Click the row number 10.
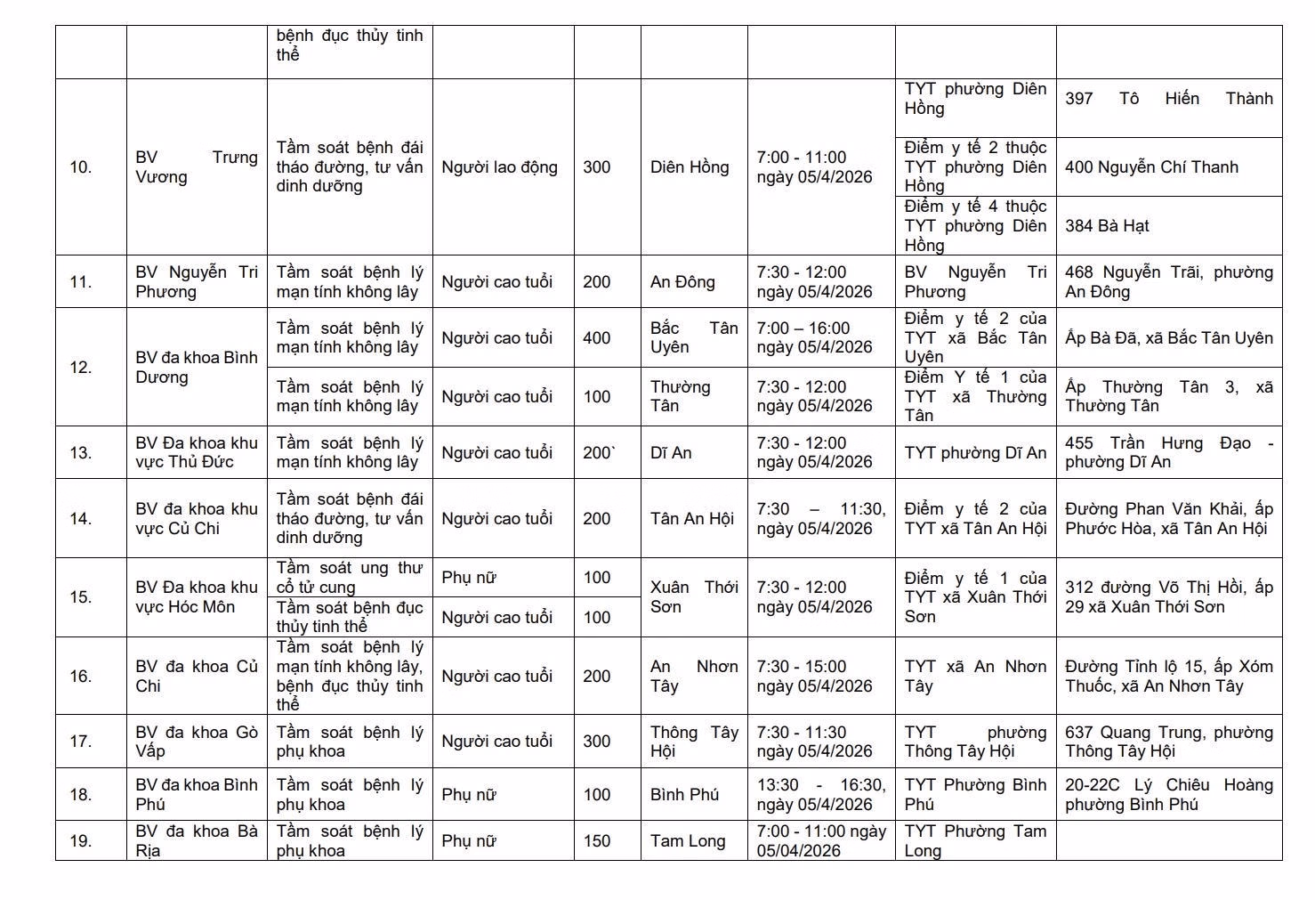[x=81, y=166]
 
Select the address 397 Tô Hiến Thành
[x=1168, y=99]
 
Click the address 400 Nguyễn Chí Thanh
[x=1151, y=167]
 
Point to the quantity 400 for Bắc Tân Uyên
[x=597, y=338]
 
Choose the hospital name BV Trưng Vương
[x=197, y=166]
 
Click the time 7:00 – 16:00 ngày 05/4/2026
[x=814, y=337]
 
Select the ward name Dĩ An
[x=671, y=452]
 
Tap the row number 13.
[x=81, y=452]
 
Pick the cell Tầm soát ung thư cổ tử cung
[x=349, y=577]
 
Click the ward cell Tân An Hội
[x=691, y=518]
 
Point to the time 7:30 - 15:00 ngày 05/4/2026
[x=814, y=676]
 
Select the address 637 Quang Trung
[x=1168, y=742]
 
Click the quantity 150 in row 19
[x=597, y=841]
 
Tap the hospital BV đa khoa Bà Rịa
[x=197, y=840]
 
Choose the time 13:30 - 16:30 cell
[x=820, y=794]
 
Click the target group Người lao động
[x=499, y=166]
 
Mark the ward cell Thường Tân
[x=681, y=396]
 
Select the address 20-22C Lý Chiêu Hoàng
[x=1168, y=794]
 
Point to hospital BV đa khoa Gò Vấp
[x=197, y=742]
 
